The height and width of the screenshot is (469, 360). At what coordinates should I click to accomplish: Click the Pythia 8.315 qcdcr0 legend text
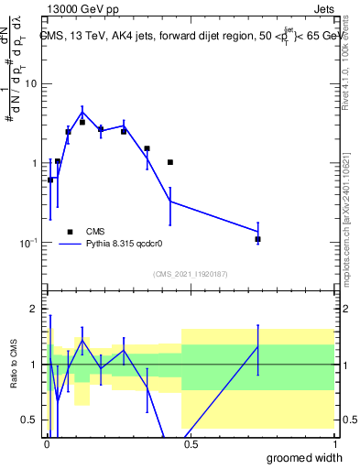pos(129,245)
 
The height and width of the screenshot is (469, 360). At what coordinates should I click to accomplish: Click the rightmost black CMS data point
pos(258,239)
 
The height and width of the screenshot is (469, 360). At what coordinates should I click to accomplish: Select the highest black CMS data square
pos(82,122)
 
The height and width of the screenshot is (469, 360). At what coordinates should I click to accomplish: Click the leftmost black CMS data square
pos(50,180)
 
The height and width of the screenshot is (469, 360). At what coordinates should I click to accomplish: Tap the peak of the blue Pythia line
pos(82,113)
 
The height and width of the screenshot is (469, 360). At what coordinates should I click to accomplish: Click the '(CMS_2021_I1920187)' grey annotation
pos(190,274)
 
